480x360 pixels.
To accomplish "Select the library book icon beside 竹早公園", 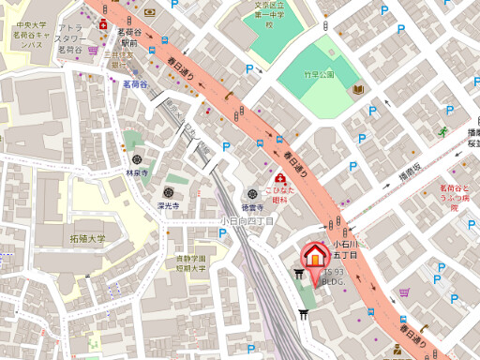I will click(357, 90).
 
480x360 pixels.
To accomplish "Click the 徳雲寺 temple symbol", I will click(250, 193).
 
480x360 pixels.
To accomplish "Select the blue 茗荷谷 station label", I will click(137, 83).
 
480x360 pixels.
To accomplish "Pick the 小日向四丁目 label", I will click(247, 221).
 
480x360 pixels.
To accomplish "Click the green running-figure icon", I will click(442, 131).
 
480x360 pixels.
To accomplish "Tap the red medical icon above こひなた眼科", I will click(279, 178).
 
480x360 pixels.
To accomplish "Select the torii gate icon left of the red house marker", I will click(299, 274).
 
